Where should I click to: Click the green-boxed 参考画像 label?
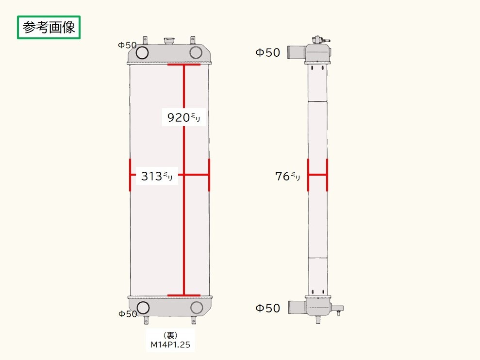tap(49, 28)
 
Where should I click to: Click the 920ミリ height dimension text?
tap(183, 117)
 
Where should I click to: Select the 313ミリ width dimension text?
tap(157, 176)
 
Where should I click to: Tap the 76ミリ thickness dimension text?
tap(288, 176)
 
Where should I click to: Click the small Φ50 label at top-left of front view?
tap(127, 45)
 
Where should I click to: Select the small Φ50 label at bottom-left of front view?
tap(128, 314)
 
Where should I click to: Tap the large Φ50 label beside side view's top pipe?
tap(268, 52)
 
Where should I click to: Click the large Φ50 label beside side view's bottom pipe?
tap(268, 308)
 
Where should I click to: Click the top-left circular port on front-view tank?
tap(142, 52)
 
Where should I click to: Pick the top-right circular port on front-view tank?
tap(196, 52)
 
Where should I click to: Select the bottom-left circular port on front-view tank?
tap(143, 307)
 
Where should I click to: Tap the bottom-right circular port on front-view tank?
tap(197, 307)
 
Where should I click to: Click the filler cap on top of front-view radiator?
tap(169, 40)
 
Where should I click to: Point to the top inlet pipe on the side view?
tap(296, 51)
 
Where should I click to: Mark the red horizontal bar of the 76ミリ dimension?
tap(317, 175)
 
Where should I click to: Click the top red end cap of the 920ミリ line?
tap(184, 64)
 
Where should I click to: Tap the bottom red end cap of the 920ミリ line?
tap(184, 295)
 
